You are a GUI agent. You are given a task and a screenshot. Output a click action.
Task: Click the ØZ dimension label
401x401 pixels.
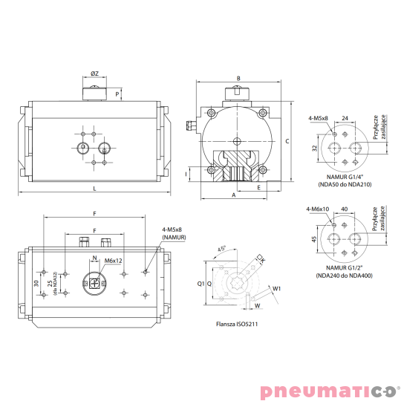[94, 74]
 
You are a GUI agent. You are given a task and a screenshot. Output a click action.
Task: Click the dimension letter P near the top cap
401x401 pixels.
[117, 94]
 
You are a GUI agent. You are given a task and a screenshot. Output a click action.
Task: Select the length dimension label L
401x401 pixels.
[94, 189]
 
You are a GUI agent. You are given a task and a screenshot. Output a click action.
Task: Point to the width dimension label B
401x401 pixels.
[238, 78]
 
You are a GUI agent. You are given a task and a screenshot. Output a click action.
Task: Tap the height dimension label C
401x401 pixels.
[287, 141]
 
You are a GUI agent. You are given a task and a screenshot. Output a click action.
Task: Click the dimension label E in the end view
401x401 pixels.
[259, 188]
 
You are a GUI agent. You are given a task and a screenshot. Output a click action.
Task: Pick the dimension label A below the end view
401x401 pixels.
[233, 195]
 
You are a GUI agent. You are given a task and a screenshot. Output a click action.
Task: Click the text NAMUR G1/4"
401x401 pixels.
[345, 177]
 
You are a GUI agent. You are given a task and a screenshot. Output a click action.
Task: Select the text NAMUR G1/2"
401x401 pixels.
[345, 268]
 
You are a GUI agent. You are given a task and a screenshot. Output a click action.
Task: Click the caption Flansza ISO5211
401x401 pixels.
[237, 324]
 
